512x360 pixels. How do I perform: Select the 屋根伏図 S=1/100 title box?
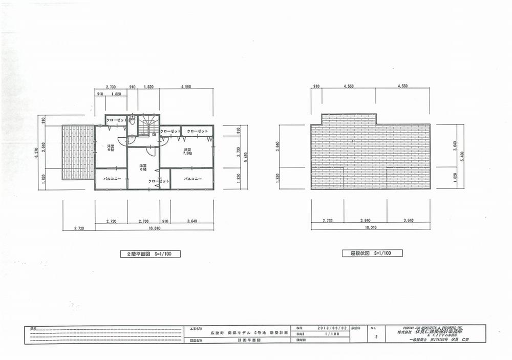[x=373, y=253]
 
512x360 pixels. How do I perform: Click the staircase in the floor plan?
[x=148, y=124]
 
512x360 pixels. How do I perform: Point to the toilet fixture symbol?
[x=132, y=121]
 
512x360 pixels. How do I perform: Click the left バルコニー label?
[x=111, y=179]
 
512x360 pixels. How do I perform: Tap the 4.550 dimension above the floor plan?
[x=185, y=87]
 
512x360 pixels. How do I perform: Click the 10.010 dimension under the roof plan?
[x=371, y=227]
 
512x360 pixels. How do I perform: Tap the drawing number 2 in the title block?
[x=376, y=337]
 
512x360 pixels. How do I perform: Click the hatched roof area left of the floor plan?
[x=78, y=152]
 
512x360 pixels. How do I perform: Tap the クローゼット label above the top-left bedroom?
[x=117, y=120]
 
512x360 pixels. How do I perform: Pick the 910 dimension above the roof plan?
[x=316, y=87]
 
